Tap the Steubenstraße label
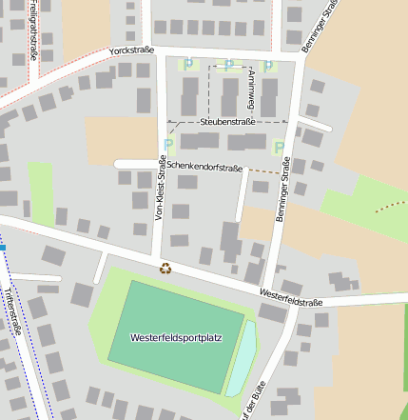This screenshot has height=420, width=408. (227, 122)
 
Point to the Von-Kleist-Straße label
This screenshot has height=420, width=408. (161, 188)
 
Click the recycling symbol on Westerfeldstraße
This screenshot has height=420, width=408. (165, 269)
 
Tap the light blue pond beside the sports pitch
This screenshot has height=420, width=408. (242, 357)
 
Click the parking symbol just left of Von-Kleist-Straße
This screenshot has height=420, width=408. (168, 146)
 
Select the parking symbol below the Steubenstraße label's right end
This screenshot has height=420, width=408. (279, 147)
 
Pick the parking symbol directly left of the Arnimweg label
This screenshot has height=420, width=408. (228, 65)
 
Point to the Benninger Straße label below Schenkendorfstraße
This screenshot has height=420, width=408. (281, 197)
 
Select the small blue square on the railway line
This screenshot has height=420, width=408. (3, 247)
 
